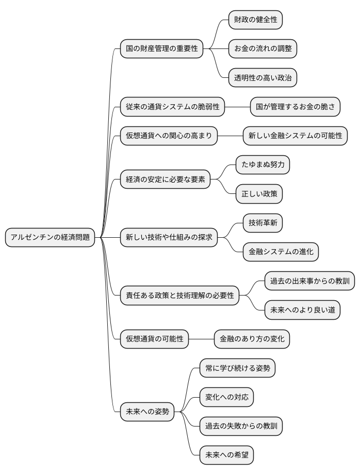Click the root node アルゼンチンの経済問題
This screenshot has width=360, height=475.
(x=50, y=237)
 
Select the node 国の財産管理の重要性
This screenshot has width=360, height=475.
(x=161, y=49)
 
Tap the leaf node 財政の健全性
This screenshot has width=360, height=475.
(x=256, y=20)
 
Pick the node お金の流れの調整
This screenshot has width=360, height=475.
(x=263, y=49)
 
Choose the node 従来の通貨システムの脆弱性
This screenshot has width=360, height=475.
(x=173, y=107)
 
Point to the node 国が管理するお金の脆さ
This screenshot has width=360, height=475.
(x=296, y=107)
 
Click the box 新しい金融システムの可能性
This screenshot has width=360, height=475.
(x=295, y=136)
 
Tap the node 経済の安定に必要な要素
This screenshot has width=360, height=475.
(x=165, y=179)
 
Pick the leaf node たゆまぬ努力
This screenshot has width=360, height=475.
(x=263, y=165)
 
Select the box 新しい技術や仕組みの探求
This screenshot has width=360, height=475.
(x=169, y=237)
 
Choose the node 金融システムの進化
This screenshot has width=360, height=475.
(x=281, y=252)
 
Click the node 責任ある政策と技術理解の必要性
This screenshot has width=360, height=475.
(x=179, y=296)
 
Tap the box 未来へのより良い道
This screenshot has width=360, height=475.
(x=302, y=310)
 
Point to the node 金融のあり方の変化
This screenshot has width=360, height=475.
(x=252, y=339)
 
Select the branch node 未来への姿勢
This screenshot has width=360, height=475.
(x=147, y=412)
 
